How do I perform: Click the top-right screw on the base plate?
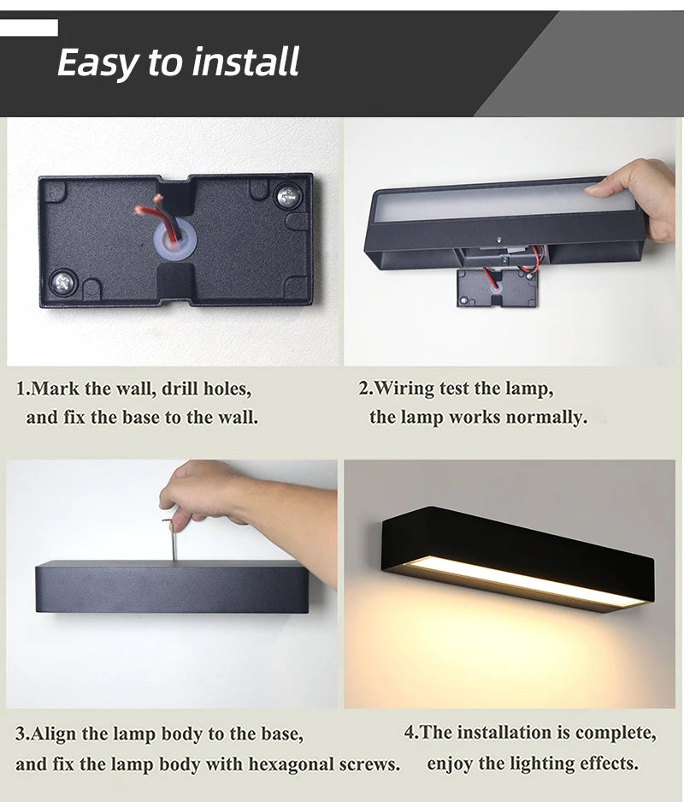(286, 196)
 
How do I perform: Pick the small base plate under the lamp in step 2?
(497, 288)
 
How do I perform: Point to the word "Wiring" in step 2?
(405, 389)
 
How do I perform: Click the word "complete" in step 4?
(616, 733)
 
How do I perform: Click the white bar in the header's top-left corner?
(29, 27)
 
